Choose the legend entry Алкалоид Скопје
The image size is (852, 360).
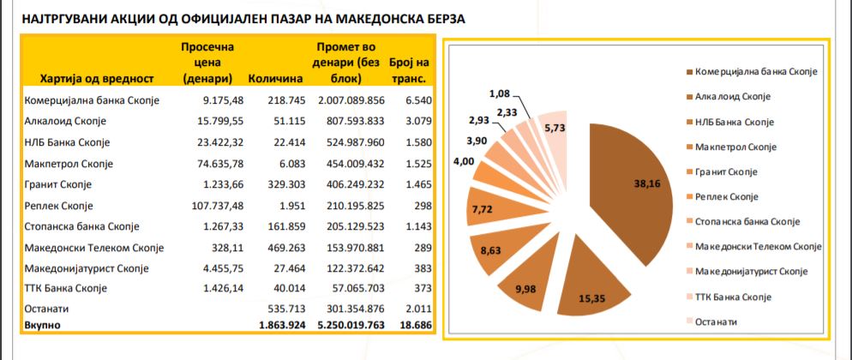coord(734,96)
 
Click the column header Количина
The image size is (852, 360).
coord(276,79)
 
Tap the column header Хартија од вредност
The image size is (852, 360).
coord(96,79)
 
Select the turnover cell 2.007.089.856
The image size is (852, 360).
coord(347,99)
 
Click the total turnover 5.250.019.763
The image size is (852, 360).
coord(347,325)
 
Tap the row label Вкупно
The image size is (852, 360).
coord(43,325)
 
